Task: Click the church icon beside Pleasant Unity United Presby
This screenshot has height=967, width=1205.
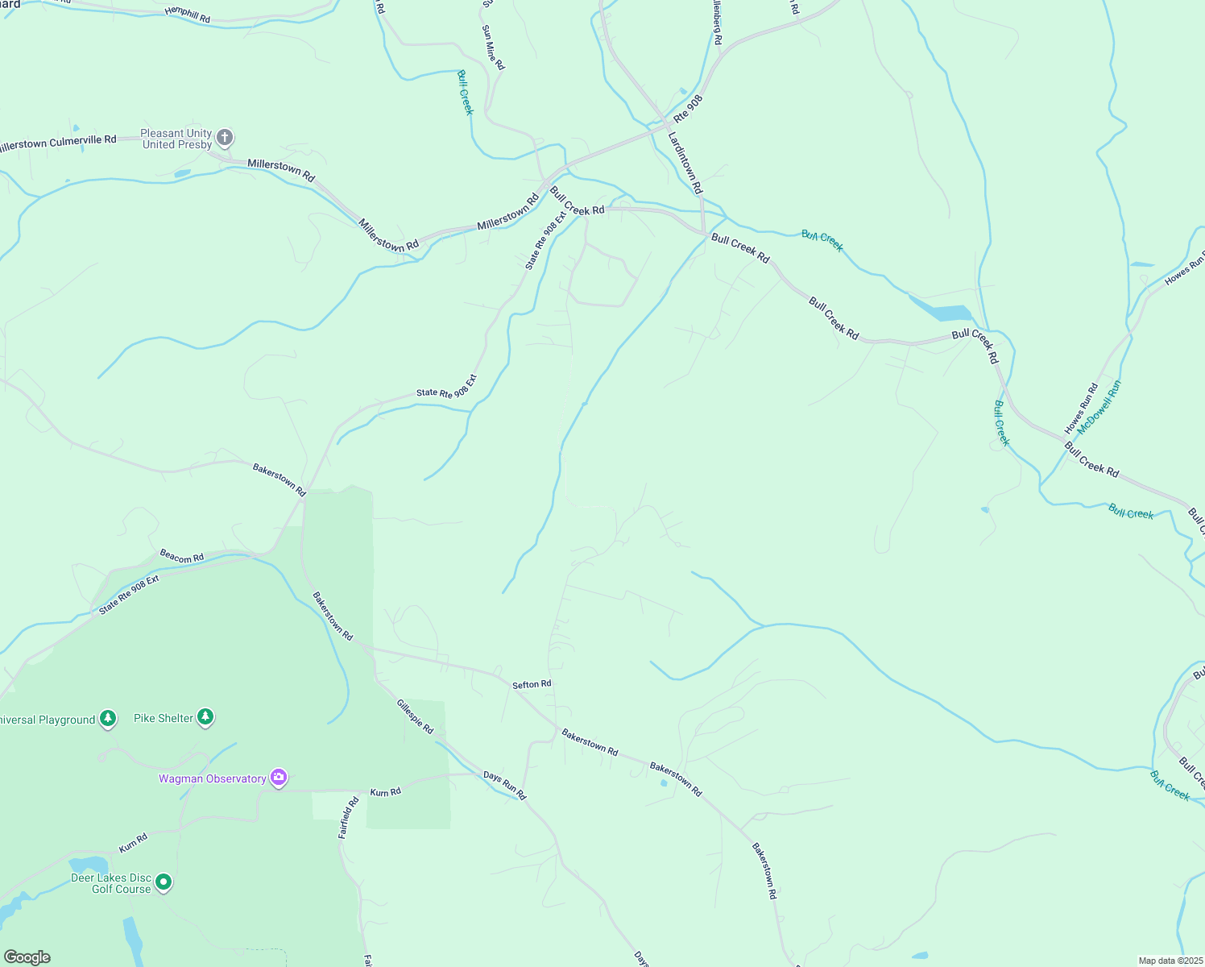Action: pyautogui.click(x=225, y=138)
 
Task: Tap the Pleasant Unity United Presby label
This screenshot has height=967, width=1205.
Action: pyautogui.click(x=176, y=139)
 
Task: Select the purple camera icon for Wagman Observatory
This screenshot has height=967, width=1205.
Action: pyautogui.click(x=279, y=778)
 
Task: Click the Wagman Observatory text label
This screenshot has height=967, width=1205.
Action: pyautogui.click(x=212, y=778)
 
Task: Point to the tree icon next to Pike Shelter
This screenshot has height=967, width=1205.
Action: pyautogui.click(x=205, y=716)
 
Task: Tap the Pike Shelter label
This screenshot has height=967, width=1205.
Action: pyautogui.click(x=164, y=718)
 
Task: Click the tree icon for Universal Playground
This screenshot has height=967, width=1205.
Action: pyautogui.click(x=108, y=719)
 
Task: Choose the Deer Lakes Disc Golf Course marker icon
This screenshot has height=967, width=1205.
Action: pyautogui.click(x=164, y=882)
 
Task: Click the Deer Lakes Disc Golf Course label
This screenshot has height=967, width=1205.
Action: pyautogui.click(x=111, y=883)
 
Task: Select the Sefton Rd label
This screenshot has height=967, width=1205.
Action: pyautogui.click(x=532, y=684)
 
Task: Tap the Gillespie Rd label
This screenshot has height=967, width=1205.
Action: pyautogui.click(x=415, y=716)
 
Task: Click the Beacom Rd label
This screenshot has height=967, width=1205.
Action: pyautogui.click(x=181, y=556)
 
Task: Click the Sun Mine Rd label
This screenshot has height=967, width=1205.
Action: pyautogui.click(x=493, y=47)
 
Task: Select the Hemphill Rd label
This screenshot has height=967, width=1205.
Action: pyautogui.click(x=187, y=13)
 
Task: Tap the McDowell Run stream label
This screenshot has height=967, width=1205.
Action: pyautogui.click(x=1099, y=407)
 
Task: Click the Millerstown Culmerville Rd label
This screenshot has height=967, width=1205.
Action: pyautogui.click(x=58, y=143)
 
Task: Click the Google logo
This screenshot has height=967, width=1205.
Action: pyautogui.click(x=27, y=957)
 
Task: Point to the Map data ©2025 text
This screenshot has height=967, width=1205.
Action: pyautogui.click(x=1170, y=961)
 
